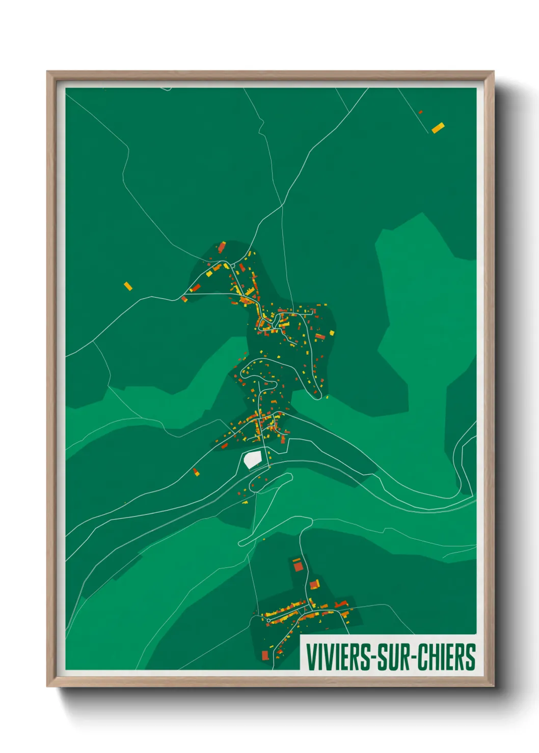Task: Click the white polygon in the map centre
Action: (252, 459)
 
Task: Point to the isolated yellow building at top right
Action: (438, 127)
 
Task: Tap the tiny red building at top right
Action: (420, 112)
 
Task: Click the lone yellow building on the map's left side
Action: (128, 286)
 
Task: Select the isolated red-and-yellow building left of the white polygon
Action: (196, 472)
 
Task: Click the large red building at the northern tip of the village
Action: (222, 248)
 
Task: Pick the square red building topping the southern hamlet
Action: (297, 565)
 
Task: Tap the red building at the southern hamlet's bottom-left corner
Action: (265, 655)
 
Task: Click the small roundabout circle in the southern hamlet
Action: (268, 620)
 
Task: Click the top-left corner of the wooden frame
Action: (47, 72)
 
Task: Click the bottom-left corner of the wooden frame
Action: (47, 686)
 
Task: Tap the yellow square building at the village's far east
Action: (332, 333)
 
